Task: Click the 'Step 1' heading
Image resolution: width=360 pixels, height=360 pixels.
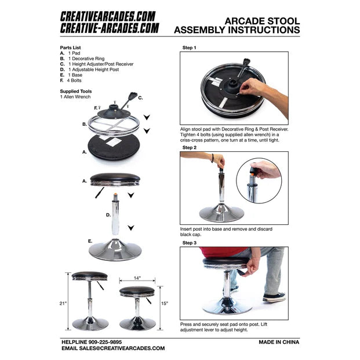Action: click(x=189, y=48)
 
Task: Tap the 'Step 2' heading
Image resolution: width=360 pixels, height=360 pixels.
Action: click(x=190, y=147)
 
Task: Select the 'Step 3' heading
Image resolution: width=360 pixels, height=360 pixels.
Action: click(x=190, y=243)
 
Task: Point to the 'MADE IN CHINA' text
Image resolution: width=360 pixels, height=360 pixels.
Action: click(x=279, y=342)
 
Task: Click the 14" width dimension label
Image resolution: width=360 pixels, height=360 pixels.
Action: click(x=137, y=278)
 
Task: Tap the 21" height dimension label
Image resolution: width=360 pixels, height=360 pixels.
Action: click(x=63, y=303)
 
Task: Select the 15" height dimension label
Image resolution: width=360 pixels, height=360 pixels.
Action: click(x=165, y=303)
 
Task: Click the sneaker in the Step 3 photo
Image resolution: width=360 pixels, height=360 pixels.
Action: click(x=274, y=297)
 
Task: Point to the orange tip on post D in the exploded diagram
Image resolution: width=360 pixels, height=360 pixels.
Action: click(x=115, y=195)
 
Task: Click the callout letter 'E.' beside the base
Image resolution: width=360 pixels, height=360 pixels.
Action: click(x=90, y=241)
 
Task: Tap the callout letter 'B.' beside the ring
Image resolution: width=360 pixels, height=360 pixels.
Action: click(x=85, y=124)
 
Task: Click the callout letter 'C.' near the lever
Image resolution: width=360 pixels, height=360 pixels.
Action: click(x=140, y=98)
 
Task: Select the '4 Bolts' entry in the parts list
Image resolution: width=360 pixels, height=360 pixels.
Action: click(x=74, y=81)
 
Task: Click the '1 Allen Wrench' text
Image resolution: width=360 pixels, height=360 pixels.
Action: click(x=75, y=97)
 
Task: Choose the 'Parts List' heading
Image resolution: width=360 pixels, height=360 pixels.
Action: click(x=70, y=48)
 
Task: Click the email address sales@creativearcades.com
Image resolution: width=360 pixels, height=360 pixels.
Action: click(x=122, y=348)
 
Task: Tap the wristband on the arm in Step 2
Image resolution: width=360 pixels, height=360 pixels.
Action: click(x=213, y=158)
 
